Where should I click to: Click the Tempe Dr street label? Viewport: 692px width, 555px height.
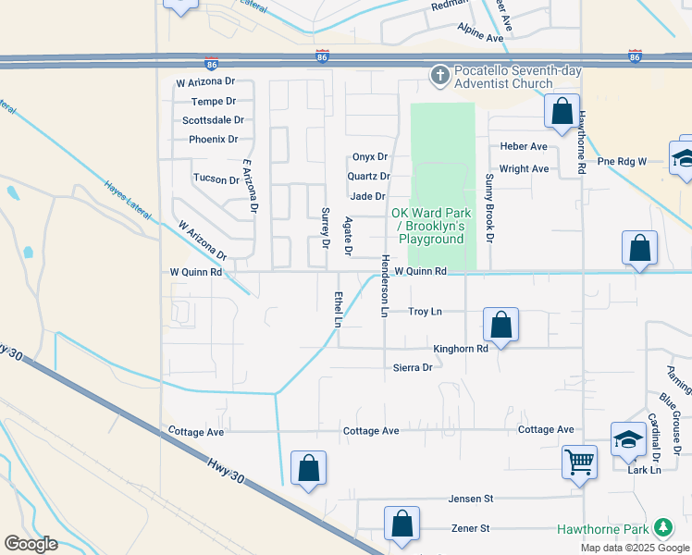click(x=213, y=102)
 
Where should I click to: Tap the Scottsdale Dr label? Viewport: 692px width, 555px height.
click(x=213, y=120)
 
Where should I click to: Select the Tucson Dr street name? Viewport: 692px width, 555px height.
click(x=216, y=179)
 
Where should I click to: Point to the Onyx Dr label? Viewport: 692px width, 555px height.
click(x=369, y=157)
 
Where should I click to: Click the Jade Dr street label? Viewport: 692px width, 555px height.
click(x=367, y=196)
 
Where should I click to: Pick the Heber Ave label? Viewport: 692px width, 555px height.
click(x=524, y=146)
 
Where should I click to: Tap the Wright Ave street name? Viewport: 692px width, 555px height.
click(x=524, y=169)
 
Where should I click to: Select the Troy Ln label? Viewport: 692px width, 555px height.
click(x=425, y=312)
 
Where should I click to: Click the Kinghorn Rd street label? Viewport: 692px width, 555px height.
click(x=461, y=349)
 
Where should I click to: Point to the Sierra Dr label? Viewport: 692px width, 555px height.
click(x=413, y=367)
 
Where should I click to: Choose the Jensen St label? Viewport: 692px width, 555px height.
click(x=471, y=499)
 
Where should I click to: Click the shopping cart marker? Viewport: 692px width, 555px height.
click(x=580, y=460)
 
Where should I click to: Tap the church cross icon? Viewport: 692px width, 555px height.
click(x=440, y=74)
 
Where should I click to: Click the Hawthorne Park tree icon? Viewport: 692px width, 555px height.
click(x=663, y=528)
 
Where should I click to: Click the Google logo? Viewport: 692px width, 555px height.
click(x=31, y=543)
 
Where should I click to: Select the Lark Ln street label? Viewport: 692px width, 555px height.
click(x=644, y=470)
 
